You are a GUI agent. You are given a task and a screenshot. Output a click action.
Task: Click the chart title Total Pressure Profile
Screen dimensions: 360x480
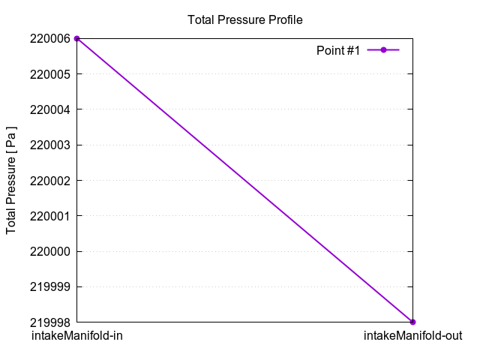coord(244,19)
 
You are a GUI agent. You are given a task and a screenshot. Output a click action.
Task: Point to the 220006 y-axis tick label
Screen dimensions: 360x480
coord(50,38)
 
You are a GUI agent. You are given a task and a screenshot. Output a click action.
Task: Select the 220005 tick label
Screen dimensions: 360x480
coord(50,74)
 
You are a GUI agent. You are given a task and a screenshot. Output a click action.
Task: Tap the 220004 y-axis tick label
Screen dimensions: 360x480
coord(50,109)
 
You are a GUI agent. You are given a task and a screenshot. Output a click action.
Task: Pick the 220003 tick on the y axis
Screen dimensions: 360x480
coord(50,145)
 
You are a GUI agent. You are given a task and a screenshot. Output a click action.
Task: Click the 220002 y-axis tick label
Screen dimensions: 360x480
coord(50,181)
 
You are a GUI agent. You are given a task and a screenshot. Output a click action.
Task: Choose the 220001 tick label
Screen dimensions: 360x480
coord(50,216)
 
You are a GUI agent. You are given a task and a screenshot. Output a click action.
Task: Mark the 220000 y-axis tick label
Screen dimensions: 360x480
coord(50,251)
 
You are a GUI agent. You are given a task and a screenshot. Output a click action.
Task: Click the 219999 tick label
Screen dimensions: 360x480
coord(50,286)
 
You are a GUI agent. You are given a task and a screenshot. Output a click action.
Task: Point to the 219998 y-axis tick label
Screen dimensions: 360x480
coord(50,322)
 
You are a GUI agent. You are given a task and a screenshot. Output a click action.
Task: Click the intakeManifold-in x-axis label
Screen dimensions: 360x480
coord(76,336)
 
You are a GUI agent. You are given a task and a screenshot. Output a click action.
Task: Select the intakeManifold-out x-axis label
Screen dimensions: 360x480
coord(412,336)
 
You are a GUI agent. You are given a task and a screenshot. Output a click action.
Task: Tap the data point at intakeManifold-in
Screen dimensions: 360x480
coord(76,38)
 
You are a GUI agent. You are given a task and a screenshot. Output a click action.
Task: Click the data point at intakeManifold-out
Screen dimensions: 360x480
coord(412,322)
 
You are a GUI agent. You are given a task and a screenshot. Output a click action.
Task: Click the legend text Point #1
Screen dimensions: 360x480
coord(338,50)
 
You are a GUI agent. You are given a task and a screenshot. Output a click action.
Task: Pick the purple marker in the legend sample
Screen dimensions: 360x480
coord(383,50)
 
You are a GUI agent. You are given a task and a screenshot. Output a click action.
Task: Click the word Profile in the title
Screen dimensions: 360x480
coord(286,19)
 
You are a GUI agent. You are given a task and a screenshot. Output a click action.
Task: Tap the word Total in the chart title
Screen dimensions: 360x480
coord(200,19)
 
